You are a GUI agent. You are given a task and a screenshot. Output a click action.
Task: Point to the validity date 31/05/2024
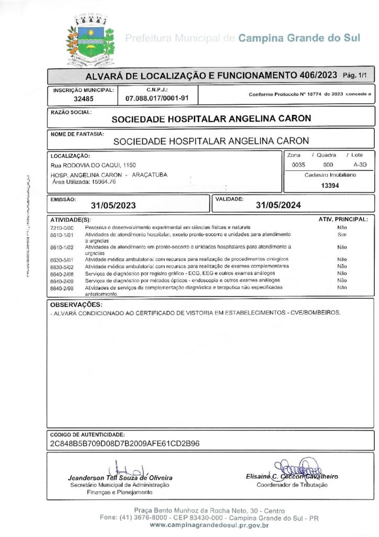[276, 205]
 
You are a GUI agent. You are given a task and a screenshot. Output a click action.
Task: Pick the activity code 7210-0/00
[62, 228]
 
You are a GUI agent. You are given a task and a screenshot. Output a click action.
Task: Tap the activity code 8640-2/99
[62, 288]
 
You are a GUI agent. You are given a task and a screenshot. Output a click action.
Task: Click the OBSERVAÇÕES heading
[76, 305]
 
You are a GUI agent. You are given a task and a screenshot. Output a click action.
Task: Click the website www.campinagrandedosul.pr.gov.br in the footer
[209, 525]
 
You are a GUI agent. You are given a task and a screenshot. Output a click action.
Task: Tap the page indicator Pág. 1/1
[355, 76]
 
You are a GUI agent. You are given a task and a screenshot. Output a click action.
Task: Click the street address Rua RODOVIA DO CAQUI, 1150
[93, 165]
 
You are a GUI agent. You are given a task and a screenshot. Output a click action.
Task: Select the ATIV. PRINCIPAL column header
[343, 219]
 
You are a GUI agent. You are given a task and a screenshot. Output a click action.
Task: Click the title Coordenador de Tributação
[292, 485]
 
